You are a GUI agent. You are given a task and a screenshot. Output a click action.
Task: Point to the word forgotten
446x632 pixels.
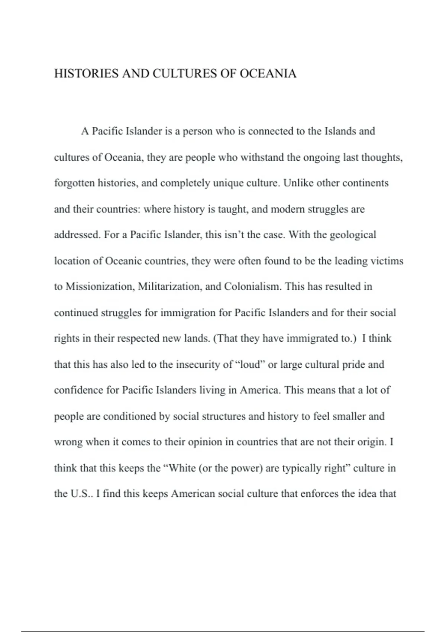click(74, 183)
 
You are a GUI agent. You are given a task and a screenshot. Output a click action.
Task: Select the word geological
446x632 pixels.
click(353, 235)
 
